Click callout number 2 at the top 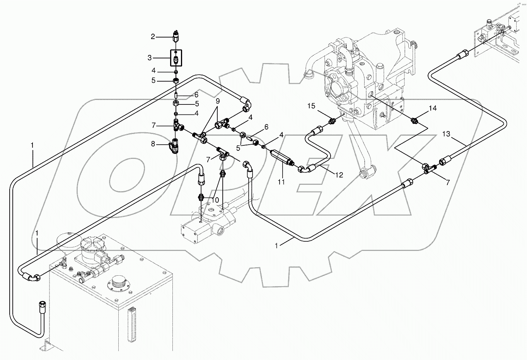coord(153,37)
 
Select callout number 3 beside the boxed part coord(150,58)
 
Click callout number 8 coord(153,144)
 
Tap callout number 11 coord(281,181)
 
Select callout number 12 coord(338,175)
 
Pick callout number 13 coord(447,134)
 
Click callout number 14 coord(432,109)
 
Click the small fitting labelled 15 coord(331,122)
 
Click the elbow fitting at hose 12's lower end coord(304,169)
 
